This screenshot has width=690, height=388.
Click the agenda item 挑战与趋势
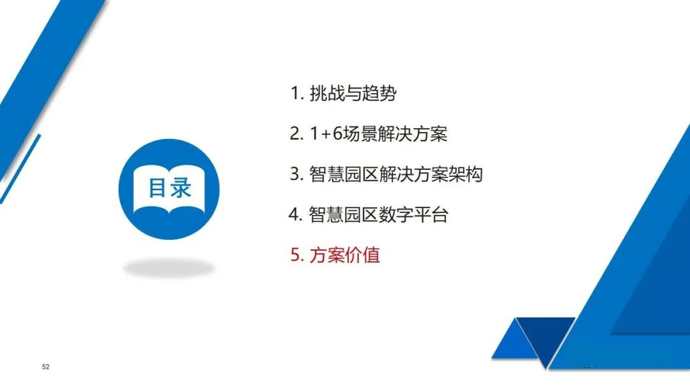click(x=353, y=93)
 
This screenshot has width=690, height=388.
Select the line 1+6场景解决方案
click(x=378, y=133)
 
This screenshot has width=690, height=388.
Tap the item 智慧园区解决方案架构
click(x=395, y=174)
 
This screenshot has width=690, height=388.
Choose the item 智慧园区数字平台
click(x=378, y=214)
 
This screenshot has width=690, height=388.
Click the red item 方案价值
click(x=344, y=255)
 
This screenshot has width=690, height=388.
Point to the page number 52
click(x=46, y=367)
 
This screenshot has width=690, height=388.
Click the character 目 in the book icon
click(x=157, y=188)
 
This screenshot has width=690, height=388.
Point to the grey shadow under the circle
click(x=169, y=267)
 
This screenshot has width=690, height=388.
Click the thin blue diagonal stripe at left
click(x=20, y=169)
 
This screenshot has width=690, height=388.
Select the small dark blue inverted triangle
click(x=546, y=338)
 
